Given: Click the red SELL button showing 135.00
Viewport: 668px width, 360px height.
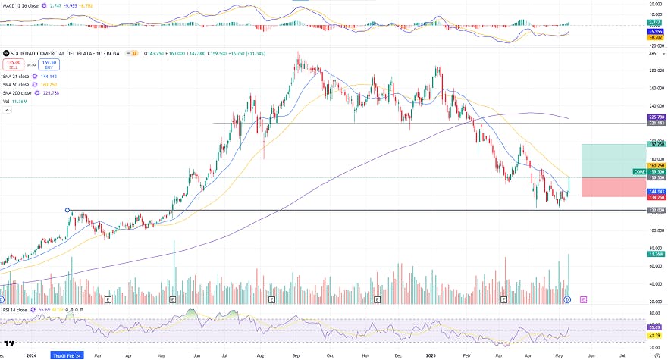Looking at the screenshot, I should pos(12,64).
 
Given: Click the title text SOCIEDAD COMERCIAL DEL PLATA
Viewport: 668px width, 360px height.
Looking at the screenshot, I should pos(45,54).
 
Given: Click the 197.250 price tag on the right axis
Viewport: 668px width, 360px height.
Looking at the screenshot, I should pos(657,143).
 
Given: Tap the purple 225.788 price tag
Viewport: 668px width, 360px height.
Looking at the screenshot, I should pos(657,117).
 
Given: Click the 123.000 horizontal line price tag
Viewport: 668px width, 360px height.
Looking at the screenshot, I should pos(657,210).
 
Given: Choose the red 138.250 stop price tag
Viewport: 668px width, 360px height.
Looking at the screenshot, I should pos(657,196).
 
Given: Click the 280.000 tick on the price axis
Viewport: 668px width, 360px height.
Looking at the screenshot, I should pos(657,70).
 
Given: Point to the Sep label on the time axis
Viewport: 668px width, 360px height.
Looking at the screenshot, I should pos(294,354).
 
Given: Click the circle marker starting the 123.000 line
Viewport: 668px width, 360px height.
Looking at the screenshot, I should pos(68,210).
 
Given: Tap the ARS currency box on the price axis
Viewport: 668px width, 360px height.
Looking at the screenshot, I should pos(652,54).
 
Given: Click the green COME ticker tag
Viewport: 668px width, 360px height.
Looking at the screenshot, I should pos(639,172).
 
